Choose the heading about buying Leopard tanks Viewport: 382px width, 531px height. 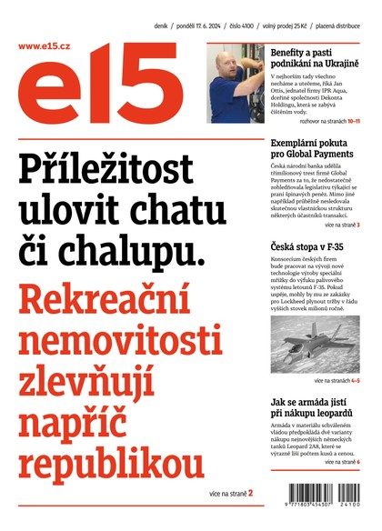click(317, 407)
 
